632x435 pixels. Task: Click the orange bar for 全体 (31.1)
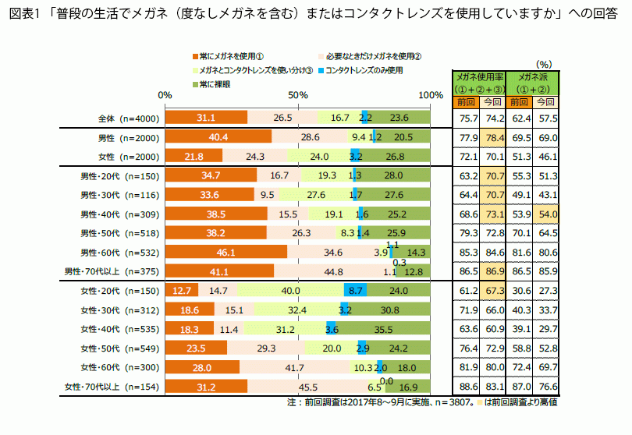(x=206, y=118)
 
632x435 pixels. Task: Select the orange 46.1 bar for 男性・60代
(x=226, y=253)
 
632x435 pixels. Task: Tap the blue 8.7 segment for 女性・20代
(x=355, y=291)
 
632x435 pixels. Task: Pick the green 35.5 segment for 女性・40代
(x=383, y=328)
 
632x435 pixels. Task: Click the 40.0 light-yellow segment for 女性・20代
(x=290, y=291)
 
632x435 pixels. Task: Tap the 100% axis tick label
(x=431, y=94)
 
